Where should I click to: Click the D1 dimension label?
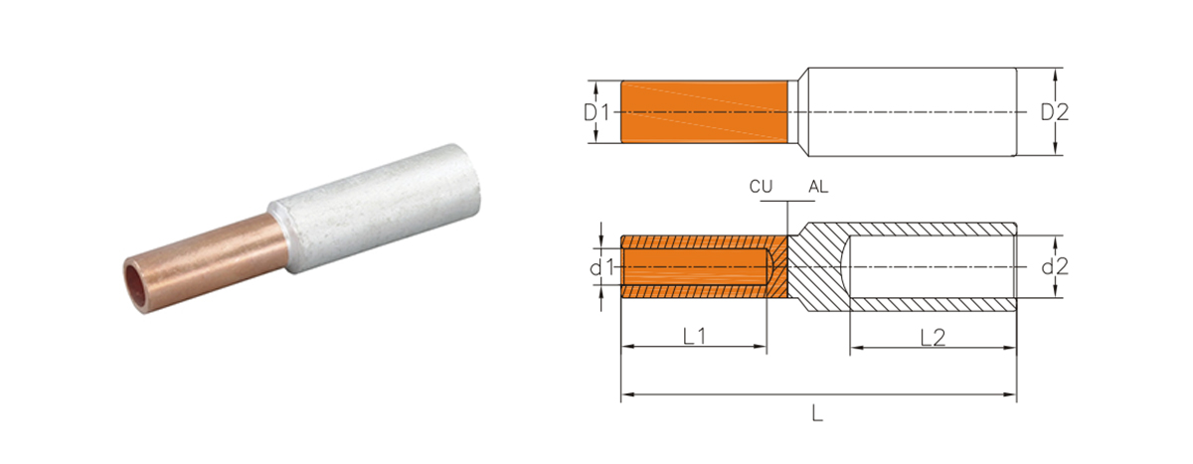point(596,112)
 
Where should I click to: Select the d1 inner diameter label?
point(600,267)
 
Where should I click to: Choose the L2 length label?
point(933,337)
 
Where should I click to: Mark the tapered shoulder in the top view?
point(797,112)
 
